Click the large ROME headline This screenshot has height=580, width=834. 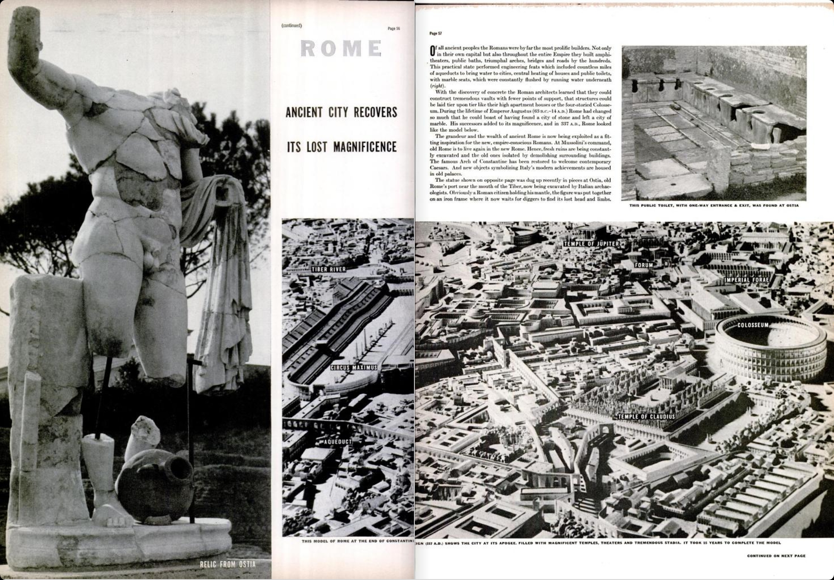[341, 48]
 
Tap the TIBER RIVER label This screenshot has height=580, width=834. [329, 269]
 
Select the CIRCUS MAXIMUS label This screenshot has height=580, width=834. [353, 367]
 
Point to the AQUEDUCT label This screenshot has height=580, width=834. [338, 442]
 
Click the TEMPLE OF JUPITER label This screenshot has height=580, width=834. [591, 244]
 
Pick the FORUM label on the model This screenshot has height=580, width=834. [644, 265]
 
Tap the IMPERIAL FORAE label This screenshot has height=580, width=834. [747, 280]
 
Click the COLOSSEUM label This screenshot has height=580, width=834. [753, 325]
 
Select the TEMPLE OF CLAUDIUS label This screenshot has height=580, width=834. [646, 416]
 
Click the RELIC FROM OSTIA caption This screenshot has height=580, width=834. [228, 564]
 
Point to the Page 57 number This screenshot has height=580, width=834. [435, 33]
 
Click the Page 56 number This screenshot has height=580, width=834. [394, 29]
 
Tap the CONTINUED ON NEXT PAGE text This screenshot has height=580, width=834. [776, 556]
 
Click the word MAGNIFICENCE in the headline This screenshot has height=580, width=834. [365, 147]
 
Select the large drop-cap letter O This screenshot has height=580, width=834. [432, 50]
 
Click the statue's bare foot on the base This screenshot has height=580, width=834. [108, 515]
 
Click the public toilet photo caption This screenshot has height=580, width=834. [714, 206]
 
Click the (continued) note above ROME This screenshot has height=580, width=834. [292, 26]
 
